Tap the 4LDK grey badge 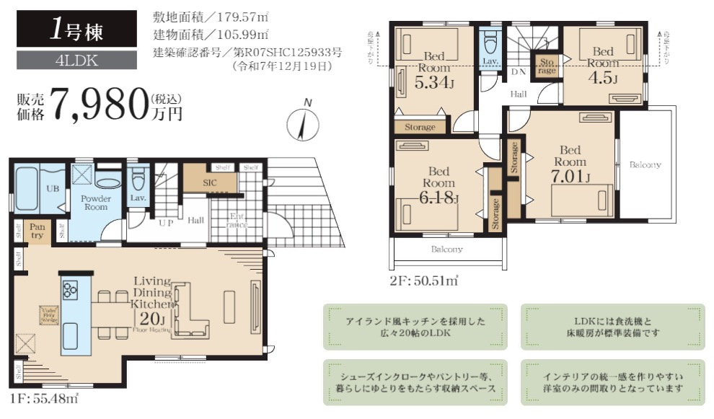click(x=76, y=61)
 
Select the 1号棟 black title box click(x=76, y=29)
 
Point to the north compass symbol click(x=303, y=124)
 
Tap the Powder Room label click(x=94, y=203)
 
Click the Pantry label click(x=37, y=231)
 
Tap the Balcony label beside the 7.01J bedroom click(x=645, y=165)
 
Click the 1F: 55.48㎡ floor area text click(x=44, y=397)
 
